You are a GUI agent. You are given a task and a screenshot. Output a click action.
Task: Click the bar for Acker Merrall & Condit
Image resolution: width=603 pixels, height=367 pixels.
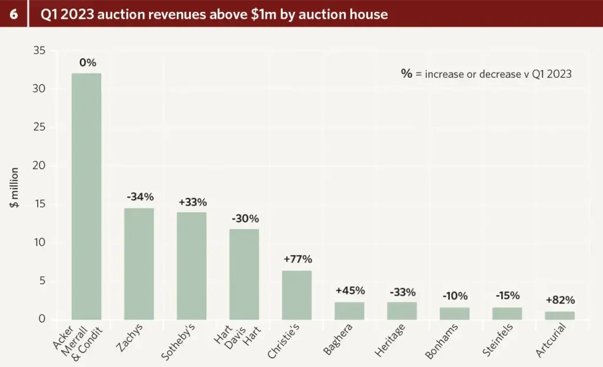click(x=86, y=196)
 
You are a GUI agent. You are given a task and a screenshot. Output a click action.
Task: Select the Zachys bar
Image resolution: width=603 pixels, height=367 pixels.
click(x=139, y=264)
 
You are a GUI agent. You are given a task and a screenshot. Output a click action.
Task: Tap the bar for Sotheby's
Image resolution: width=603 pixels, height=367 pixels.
click(x=191, y=266)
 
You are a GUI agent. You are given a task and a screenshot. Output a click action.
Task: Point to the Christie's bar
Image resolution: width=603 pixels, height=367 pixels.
click(x=297, y=295)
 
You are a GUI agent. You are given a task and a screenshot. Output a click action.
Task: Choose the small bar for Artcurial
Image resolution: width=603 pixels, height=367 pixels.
click(x=559, y=315)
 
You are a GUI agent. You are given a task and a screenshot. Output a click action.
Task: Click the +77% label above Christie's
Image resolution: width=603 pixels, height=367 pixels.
click(x=297, y=259)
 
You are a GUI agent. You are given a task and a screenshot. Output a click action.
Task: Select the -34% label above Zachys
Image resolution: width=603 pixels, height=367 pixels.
click(x=140, y=196)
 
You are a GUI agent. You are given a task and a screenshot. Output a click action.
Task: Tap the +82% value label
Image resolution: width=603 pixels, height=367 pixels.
click(x=560, y=299)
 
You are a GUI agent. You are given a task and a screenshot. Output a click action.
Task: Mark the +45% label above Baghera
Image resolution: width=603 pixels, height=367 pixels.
click(x=350, y=290)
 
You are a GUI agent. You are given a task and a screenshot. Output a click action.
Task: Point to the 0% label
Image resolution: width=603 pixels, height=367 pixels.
click(x=87, y=62)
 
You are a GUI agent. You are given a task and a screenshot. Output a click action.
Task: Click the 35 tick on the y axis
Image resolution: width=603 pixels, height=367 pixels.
click(x=40, y=51)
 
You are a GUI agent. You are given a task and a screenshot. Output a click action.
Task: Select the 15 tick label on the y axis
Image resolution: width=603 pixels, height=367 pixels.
click(x=40, y=205)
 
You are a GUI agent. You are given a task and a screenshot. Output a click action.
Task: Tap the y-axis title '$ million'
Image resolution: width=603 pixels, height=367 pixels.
click(x=14, y=187)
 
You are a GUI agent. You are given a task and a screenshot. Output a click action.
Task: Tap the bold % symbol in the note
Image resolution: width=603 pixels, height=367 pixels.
click(x=406, y=74)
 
